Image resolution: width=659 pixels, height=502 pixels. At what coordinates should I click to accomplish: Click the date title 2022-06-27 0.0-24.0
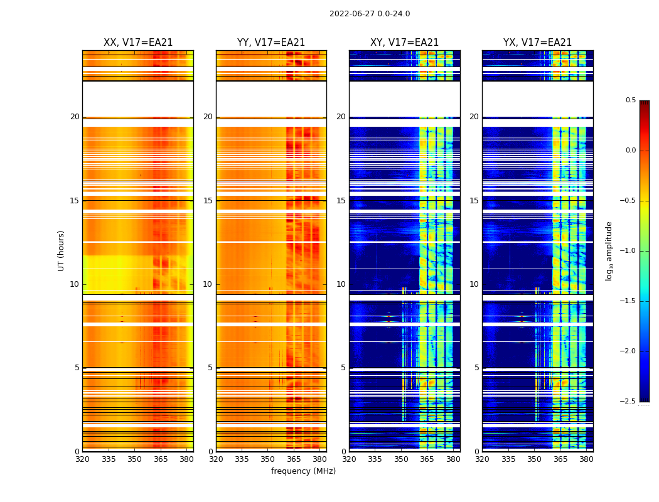click(369, 14)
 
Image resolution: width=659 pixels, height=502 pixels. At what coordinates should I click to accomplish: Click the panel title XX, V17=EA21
click(138, 43)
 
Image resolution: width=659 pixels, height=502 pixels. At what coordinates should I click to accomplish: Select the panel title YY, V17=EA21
click(271, 43)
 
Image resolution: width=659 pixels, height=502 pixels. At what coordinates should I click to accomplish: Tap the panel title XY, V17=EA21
click(404, 43)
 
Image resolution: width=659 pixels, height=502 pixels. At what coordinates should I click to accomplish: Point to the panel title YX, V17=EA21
click(537, 43)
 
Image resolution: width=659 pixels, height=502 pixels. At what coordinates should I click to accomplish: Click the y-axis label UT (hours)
click(61, 250)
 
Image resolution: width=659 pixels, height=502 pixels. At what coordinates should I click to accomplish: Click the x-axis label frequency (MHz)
click(303, 471)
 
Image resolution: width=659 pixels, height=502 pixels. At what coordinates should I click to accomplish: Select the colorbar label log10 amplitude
click(609, 250)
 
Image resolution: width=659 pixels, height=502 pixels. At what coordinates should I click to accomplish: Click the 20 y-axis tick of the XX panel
click(75, 117)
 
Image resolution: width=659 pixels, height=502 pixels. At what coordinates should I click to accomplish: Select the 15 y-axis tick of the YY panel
click(208, 201)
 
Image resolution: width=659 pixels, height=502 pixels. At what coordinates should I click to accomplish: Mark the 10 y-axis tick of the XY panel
click(341, 284)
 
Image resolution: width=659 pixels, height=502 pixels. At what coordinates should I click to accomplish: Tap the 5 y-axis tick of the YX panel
click(477, 368)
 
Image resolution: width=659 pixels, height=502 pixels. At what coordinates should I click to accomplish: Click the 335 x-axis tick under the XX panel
click(109, 459)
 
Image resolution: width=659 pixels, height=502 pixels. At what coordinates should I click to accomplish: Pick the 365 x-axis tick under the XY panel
click(427, 459)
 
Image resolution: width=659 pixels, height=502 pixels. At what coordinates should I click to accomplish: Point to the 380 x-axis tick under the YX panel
click(586, 459)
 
